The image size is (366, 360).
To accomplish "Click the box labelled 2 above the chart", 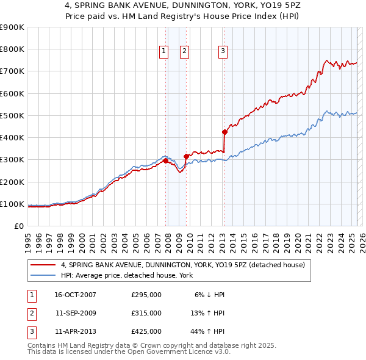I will click(184, 52).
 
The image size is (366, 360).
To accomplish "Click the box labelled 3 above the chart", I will click(223, 52).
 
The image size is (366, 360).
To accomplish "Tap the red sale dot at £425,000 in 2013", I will click(224, 132).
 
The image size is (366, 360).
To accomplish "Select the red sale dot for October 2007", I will click(165, 160).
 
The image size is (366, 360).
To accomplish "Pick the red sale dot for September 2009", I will click(186, 156).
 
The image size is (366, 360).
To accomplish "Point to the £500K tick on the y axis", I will click(12, 115).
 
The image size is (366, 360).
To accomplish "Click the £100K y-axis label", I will click(12, 204).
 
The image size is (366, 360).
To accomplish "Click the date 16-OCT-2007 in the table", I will click(76, 295).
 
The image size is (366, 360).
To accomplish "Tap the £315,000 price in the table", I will click(146, 314).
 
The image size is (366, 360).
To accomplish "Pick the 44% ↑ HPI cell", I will click(207, 332).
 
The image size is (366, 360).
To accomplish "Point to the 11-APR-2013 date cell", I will click(76, 332).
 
